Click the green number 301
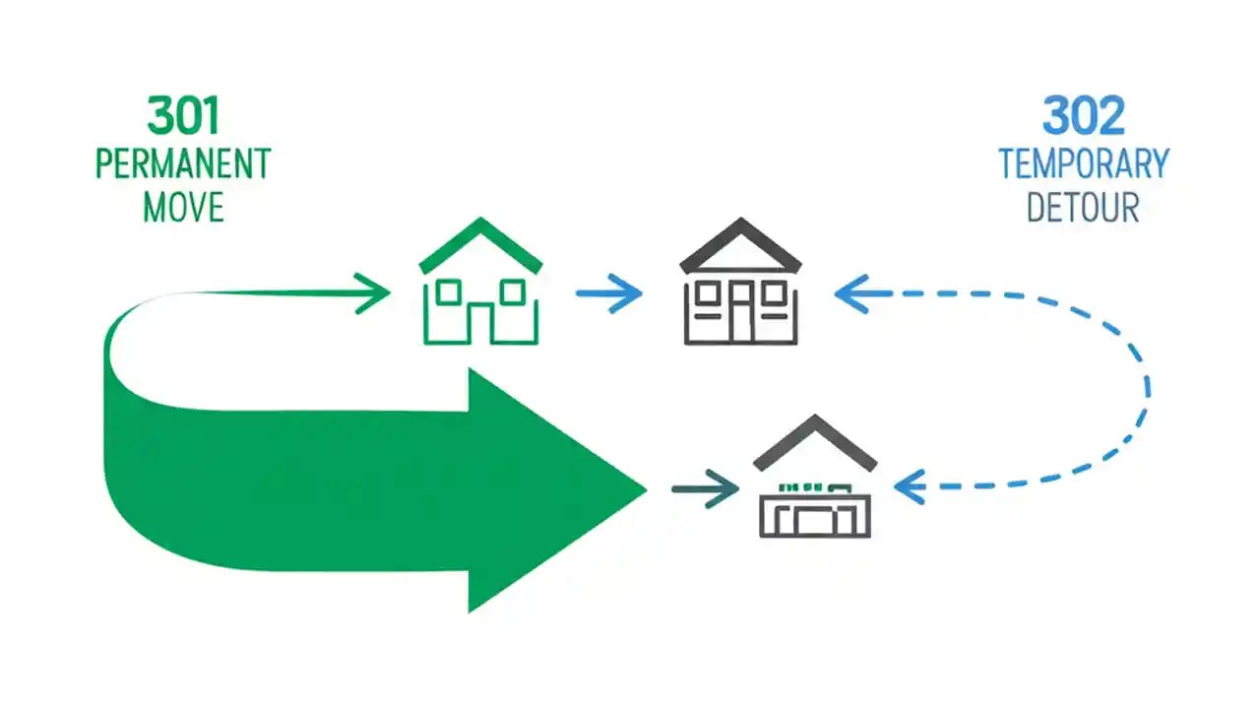coord(183,115)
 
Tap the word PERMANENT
coord(183,163)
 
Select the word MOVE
coord(183,207)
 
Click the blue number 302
coord(1083,117)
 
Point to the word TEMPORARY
coord(1083,163)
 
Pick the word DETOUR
coord(1083,208)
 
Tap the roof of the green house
coord(480,242)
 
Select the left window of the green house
coord(449,291)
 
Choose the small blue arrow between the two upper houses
coord(609,293)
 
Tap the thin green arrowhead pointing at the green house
coord(374,292)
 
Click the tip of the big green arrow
coord(642,489)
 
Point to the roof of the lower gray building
coord(815,441)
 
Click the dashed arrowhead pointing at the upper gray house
coord(850,293)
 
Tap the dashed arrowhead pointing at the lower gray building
coord(910,485)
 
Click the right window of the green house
coord(512,291)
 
